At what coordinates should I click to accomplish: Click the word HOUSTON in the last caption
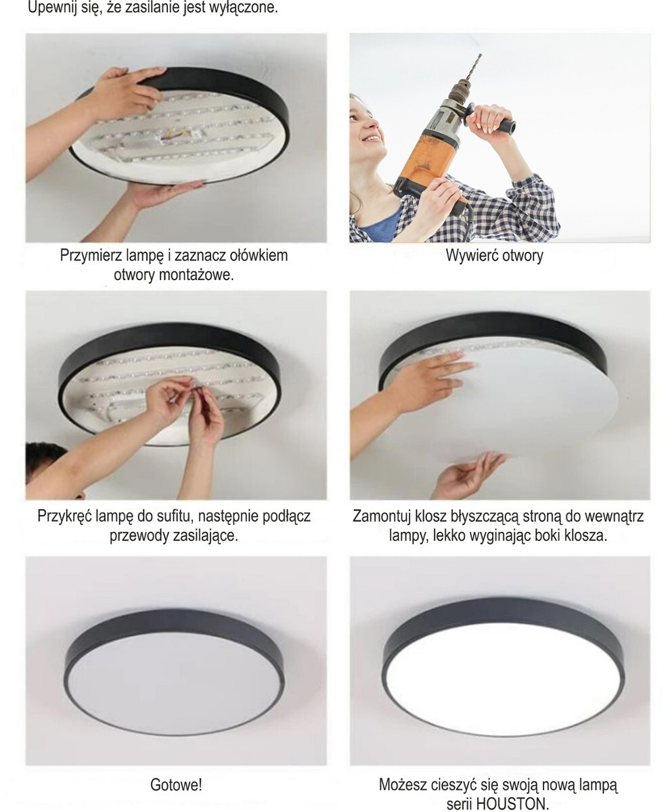click(512, 803)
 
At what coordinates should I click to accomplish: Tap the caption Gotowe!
click(176, 785)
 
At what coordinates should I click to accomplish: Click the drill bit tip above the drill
click(480, 55)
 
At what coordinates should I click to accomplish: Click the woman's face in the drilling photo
click(369, 127)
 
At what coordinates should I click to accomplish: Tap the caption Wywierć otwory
click(494, 256)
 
